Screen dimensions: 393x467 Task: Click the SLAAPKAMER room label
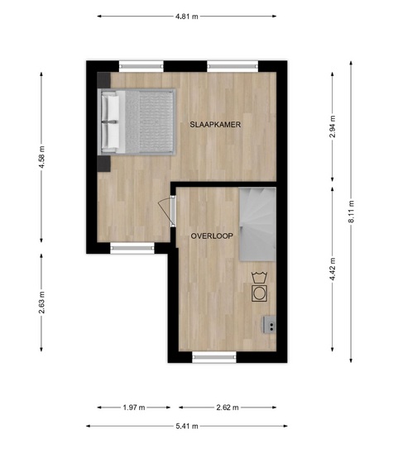(x=215, y=125)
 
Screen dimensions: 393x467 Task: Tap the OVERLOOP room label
(x=212, y=236)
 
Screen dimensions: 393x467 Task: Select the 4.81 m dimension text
(x=187, y=17)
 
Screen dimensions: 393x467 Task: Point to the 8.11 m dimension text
(x=352, y=212)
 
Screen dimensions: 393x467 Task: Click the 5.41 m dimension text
(x=187, y=426)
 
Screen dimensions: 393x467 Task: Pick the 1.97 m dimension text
(x=134, y=407)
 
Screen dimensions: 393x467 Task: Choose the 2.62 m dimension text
(x=228, y=407)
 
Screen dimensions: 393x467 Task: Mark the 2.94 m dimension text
(x=333, y=126)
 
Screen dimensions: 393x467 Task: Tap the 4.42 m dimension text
(x=333, y=269)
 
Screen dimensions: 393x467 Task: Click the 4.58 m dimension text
(x=41, y=157)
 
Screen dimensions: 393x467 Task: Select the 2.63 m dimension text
(x=41, y=303)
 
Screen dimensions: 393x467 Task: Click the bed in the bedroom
(x=137, y=122)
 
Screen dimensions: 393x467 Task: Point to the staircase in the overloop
(x=257, y=224)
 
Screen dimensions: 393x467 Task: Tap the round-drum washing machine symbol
(x=259, y=293)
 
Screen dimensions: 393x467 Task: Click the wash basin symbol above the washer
(x=259, y=278)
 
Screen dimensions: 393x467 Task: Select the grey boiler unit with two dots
(x=269, y=325)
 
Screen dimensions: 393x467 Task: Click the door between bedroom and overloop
(x=168, y=211)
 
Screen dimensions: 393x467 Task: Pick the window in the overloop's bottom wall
(x=214, y=357)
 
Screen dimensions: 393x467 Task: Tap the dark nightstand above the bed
(x=104, y=80)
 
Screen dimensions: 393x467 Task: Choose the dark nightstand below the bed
(x=104, y=164)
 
